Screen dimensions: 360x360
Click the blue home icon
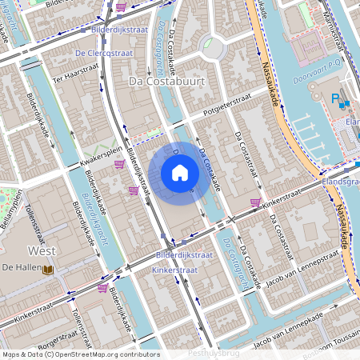[180, 172]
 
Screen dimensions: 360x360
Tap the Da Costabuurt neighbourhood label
[167, 82]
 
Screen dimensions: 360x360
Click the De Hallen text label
[22, 266]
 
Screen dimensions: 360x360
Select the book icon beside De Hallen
[48, 270]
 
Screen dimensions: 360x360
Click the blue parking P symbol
[335, 98]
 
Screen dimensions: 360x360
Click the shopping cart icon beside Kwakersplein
[119, 164]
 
